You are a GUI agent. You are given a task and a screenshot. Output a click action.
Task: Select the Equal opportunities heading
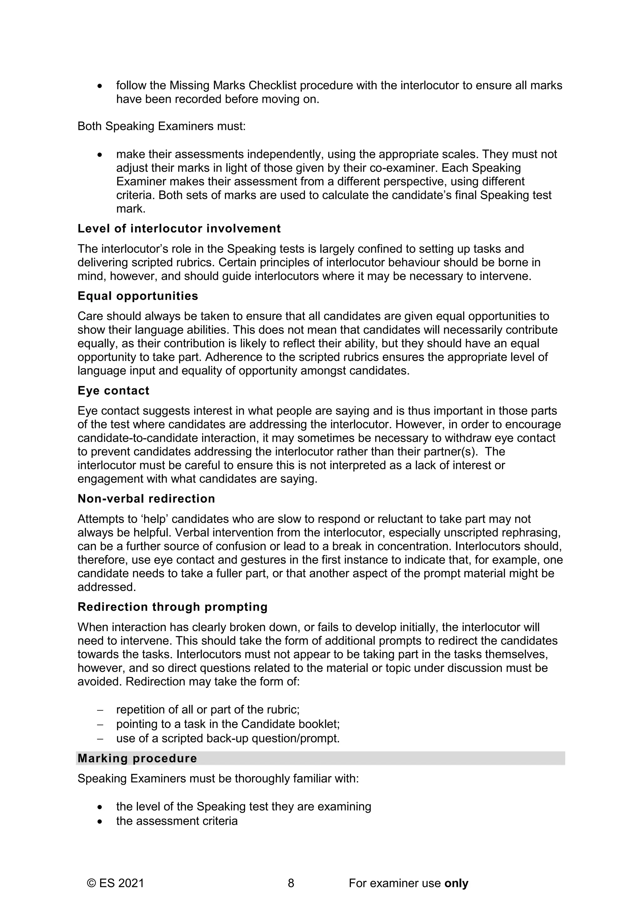(138, 296)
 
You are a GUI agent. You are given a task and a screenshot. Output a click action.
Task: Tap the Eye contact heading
(113, 391)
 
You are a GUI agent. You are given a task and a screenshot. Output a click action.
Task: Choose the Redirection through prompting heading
(172, 607)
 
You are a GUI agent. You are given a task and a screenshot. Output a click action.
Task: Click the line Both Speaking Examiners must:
(162, 126)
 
